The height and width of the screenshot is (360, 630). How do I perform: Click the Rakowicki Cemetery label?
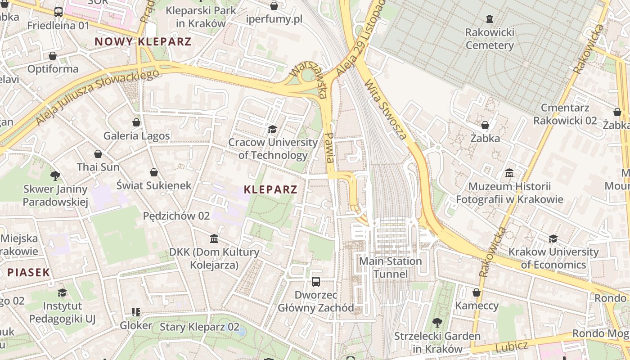489,39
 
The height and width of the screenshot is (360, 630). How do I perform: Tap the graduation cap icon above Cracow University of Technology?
272,130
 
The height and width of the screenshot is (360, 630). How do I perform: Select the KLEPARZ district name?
270,189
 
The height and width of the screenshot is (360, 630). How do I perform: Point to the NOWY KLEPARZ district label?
143,42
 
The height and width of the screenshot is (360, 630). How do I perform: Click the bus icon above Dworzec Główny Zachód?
316,282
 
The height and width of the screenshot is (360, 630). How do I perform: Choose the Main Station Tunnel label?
390,267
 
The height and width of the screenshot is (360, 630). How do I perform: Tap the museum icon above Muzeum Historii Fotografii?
509,173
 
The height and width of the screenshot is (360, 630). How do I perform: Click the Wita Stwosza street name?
386,109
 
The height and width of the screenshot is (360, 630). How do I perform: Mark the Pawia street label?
329,148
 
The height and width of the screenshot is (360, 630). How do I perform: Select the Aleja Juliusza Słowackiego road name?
97,97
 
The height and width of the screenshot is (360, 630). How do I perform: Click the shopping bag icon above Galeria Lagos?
136,122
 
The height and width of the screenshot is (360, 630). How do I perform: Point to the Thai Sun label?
98,167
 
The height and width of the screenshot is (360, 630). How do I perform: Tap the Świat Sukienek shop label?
154,185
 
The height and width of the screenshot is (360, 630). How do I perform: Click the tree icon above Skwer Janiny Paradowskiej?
55,175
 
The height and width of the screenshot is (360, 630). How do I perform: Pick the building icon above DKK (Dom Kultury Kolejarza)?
214,238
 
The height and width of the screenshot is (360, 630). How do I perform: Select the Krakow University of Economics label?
553,258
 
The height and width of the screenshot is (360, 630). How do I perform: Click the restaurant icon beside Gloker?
135,312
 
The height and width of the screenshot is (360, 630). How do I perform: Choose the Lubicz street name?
511,347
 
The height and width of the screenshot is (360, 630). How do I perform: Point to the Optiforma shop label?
53,69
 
